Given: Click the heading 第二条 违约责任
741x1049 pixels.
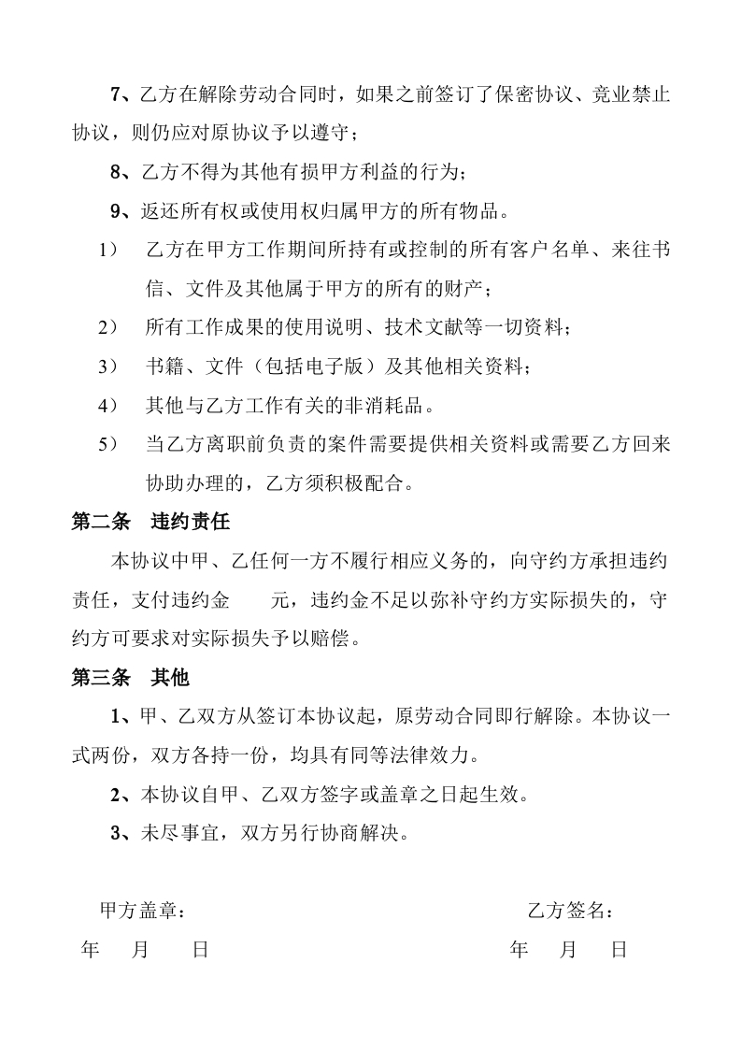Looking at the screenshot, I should coord(150,522).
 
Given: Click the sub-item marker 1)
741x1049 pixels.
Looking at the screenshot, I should coord(108,250).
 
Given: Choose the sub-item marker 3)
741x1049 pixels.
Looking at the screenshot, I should coord(108,366).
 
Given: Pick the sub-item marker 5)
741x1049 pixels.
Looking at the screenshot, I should coord(108,444).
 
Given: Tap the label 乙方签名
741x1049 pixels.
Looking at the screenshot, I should coord(569,911).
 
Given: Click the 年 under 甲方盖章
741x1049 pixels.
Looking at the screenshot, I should coord(91,950).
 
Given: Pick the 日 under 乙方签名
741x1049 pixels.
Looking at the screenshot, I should coord(619,950).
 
